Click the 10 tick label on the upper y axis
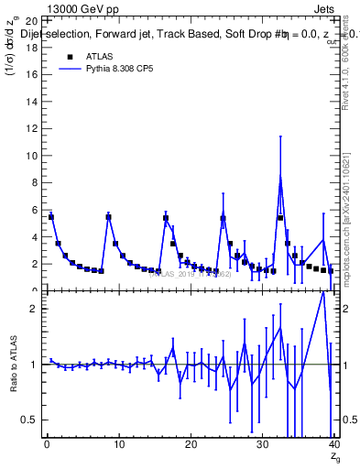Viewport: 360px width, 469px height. [x=32, y=156]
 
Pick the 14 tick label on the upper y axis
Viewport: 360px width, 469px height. [x=32, y=102]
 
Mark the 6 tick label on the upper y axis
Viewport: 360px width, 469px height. [x=35, y=210]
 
